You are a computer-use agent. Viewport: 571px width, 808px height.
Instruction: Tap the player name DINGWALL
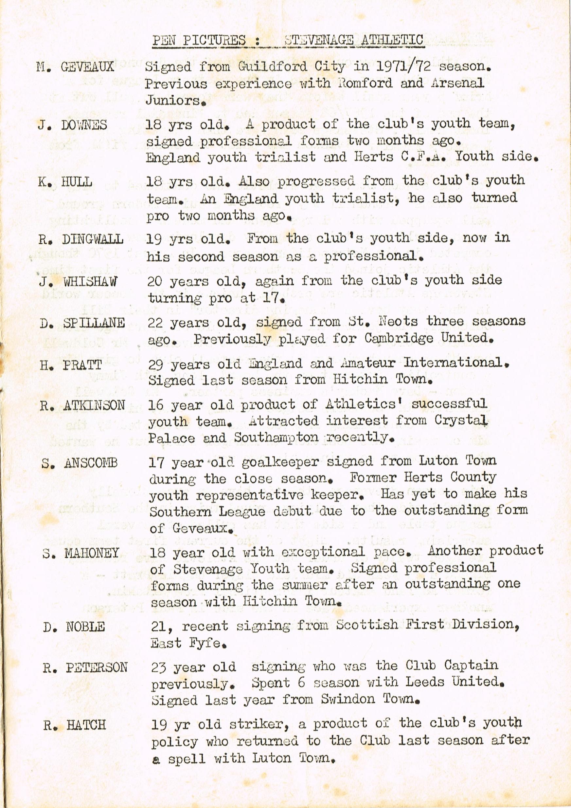(x=93, y=239)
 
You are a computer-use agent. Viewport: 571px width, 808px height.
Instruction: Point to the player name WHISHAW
(x=91, y=282)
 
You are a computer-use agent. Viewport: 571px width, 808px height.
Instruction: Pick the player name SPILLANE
(x=94, y=323)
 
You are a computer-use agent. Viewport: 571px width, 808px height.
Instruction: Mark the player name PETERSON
(x=97, y=667)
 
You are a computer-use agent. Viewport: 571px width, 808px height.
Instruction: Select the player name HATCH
(x=86, y=725)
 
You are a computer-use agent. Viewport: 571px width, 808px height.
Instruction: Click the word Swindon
(x=348, y=699)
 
